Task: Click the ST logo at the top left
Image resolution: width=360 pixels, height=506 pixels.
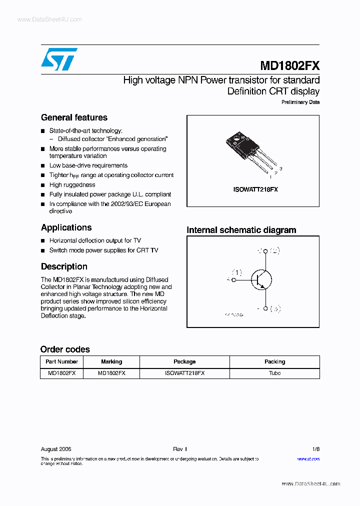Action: coord(59,59)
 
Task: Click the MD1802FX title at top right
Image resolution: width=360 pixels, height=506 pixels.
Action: coord(289,66)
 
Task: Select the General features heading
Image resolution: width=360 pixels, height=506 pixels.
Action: coord(74,117)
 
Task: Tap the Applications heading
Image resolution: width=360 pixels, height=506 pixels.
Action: coord(66,227)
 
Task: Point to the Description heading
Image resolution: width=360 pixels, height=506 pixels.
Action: coord(64,266)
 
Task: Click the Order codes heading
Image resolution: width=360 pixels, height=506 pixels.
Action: coord(65,349)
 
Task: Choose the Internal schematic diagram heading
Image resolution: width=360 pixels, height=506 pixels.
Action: coord(241,230)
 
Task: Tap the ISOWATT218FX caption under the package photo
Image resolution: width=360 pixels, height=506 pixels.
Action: coord(255,189)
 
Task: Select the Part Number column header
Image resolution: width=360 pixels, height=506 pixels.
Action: coord(61,361)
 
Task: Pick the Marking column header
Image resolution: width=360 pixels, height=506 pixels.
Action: coord(111,361)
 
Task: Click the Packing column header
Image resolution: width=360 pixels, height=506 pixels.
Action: coord(274,361)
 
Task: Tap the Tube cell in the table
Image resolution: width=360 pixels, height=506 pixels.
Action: coord(274,373)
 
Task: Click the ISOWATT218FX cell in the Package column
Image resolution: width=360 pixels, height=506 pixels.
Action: coord(184,373)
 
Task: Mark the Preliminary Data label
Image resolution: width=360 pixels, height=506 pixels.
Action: coord(300,102)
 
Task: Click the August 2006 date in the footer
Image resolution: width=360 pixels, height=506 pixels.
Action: coord(56,449)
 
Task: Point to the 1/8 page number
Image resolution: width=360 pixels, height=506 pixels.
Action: coord(315,449)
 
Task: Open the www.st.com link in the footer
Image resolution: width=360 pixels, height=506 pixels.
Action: coord(308,458)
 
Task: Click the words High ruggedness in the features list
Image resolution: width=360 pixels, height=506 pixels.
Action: coord(72,185)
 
